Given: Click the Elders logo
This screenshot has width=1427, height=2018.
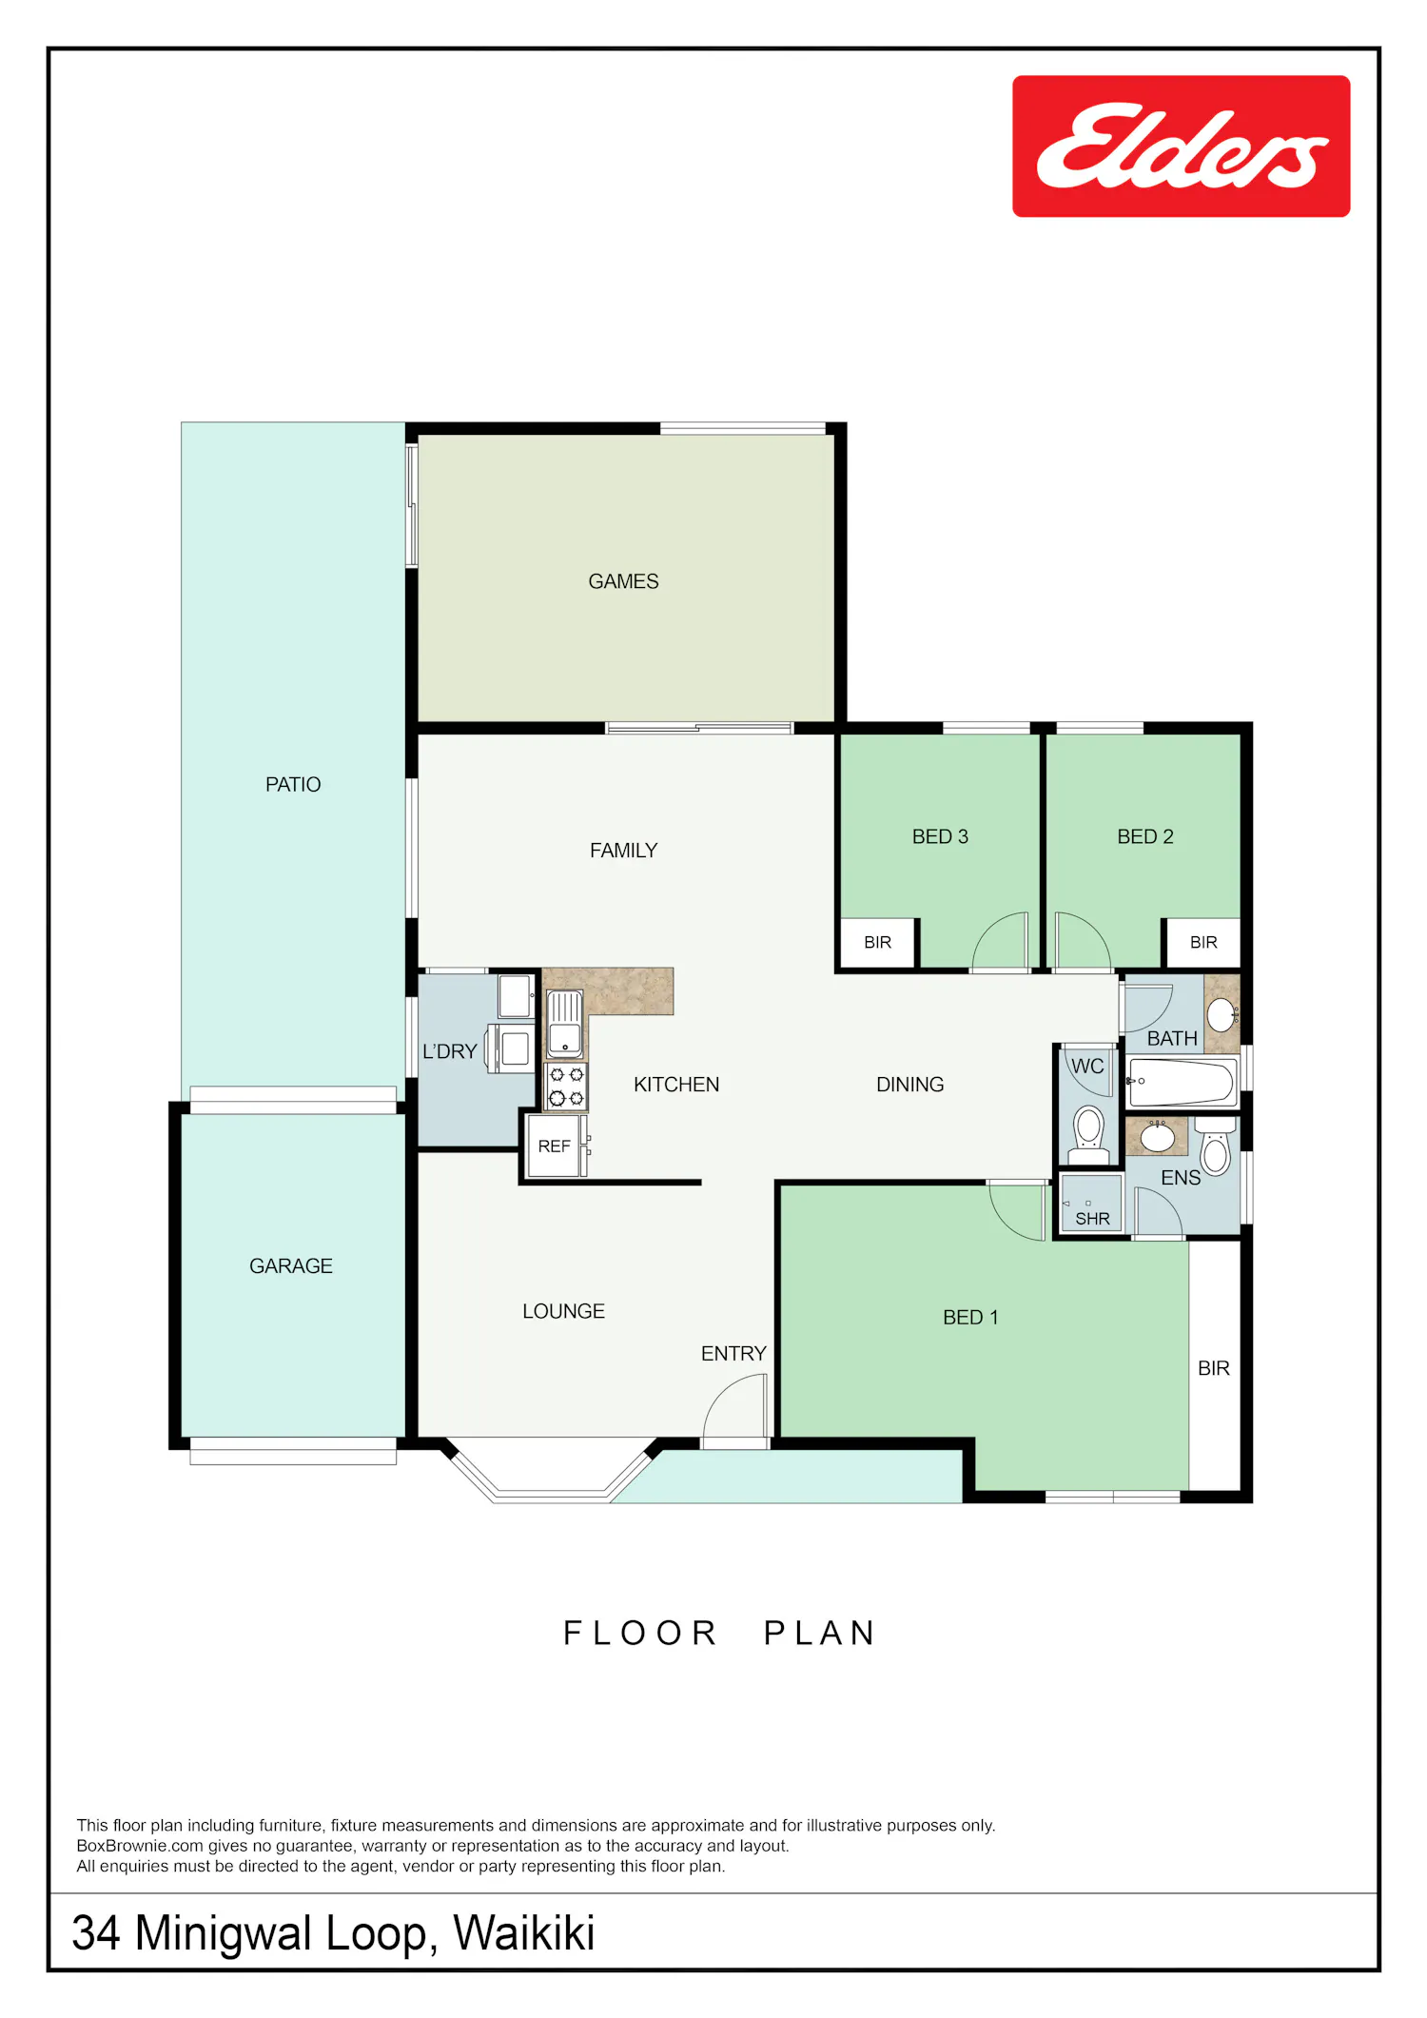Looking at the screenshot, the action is (x=1181, y=147).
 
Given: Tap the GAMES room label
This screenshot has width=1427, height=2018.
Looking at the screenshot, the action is (x=623, y=581).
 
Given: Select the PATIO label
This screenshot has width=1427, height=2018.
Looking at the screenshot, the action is (x=293, y=785).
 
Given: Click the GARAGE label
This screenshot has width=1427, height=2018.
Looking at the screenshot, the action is (x=291, y=1266).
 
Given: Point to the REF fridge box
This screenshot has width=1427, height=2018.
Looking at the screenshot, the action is (x=556, y=1146).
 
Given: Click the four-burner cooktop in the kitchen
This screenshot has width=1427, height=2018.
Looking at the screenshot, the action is (x=566, y=1087).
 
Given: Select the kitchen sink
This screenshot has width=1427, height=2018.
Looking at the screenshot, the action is (x=564, y=1024).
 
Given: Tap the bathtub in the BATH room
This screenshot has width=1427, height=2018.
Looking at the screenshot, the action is (x=1182, y=1082).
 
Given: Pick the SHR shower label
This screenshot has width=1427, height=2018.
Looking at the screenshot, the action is (x=1092, y=1219).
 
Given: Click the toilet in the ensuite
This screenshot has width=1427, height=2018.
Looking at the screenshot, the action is (x=1215, y=1147).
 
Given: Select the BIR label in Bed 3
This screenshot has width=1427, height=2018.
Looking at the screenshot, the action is (x=877, y=943).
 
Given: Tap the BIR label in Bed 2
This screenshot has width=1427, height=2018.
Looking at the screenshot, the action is (x=1203, y=943).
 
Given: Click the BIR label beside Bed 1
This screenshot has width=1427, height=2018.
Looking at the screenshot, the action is (x=1214, y=1368).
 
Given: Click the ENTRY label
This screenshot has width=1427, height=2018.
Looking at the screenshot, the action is (x=733, y=1354).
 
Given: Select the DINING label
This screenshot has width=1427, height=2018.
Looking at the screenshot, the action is (x=910, y=1085).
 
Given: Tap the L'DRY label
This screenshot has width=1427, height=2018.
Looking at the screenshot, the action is (x=450, y=1051).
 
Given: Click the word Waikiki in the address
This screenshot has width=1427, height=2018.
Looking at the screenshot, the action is (x=524, y=1933).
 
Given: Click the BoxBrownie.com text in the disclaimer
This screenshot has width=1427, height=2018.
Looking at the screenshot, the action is (x=140, y=1846).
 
